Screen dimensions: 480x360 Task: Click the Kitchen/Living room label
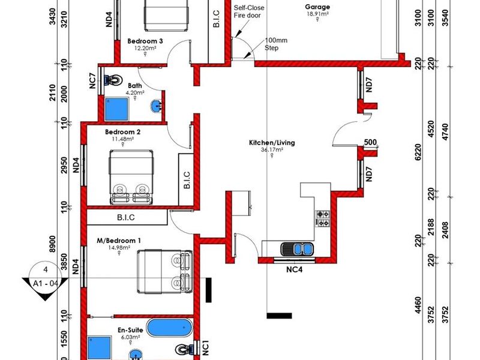coord(272,143)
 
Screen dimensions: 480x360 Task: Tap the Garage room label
coord(317,7)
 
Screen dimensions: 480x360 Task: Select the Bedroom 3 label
coord(145,41)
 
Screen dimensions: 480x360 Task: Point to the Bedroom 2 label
coord(123,132)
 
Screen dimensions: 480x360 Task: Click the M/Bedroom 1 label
coord(119,241)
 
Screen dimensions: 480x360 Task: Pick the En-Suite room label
coord(130,330)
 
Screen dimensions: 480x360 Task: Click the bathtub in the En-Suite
coord(169,328)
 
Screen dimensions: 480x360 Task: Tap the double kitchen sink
coord(297,248)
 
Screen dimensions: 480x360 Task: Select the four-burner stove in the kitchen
coord(323,218)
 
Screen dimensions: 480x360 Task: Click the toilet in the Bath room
coord(112,80)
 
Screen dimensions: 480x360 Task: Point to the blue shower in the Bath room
coord(116,109)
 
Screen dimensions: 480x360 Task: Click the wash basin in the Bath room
coord(156,107)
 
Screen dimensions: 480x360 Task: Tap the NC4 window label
coord(294,269)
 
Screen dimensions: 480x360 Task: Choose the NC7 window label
coord(92,81)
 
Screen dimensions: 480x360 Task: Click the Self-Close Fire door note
coord(249,11)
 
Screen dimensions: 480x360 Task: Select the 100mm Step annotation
coord(276,44)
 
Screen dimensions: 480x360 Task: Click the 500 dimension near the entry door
coord(370,142)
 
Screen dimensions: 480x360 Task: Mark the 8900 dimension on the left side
coord(52,244)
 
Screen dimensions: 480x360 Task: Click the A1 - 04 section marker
coord(46,283)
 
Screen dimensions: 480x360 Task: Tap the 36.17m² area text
coord(272,150)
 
